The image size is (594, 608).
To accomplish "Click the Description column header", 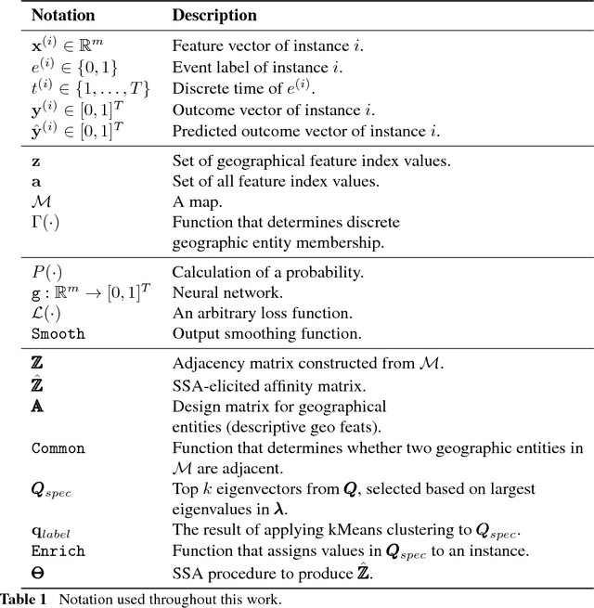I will [215, 17].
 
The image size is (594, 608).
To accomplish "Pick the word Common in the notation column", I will [58, 449].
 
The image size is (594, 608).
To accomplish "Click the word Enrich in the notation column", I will [58, 550].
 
